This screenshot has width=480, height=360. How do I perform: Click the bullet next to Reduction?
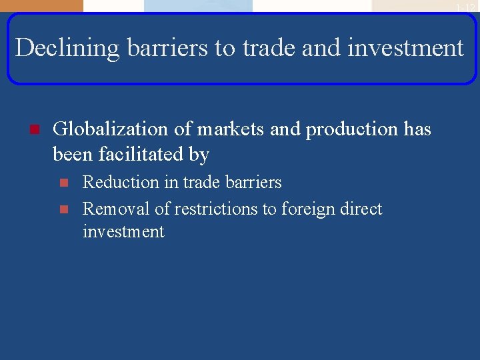coord(64,182)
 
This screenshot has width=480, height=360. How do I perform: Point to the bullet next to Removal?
coord(64,209)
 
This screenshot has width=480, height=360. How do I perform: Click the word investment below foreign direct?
coord(123,232)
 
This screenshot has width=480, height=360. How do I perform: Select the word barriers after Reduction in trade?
coord(255,182)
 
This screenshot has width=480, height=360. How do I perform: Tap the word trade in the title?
coord(265,48)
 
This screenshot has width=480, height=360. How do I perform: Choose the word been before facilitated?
coord(73,155)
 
